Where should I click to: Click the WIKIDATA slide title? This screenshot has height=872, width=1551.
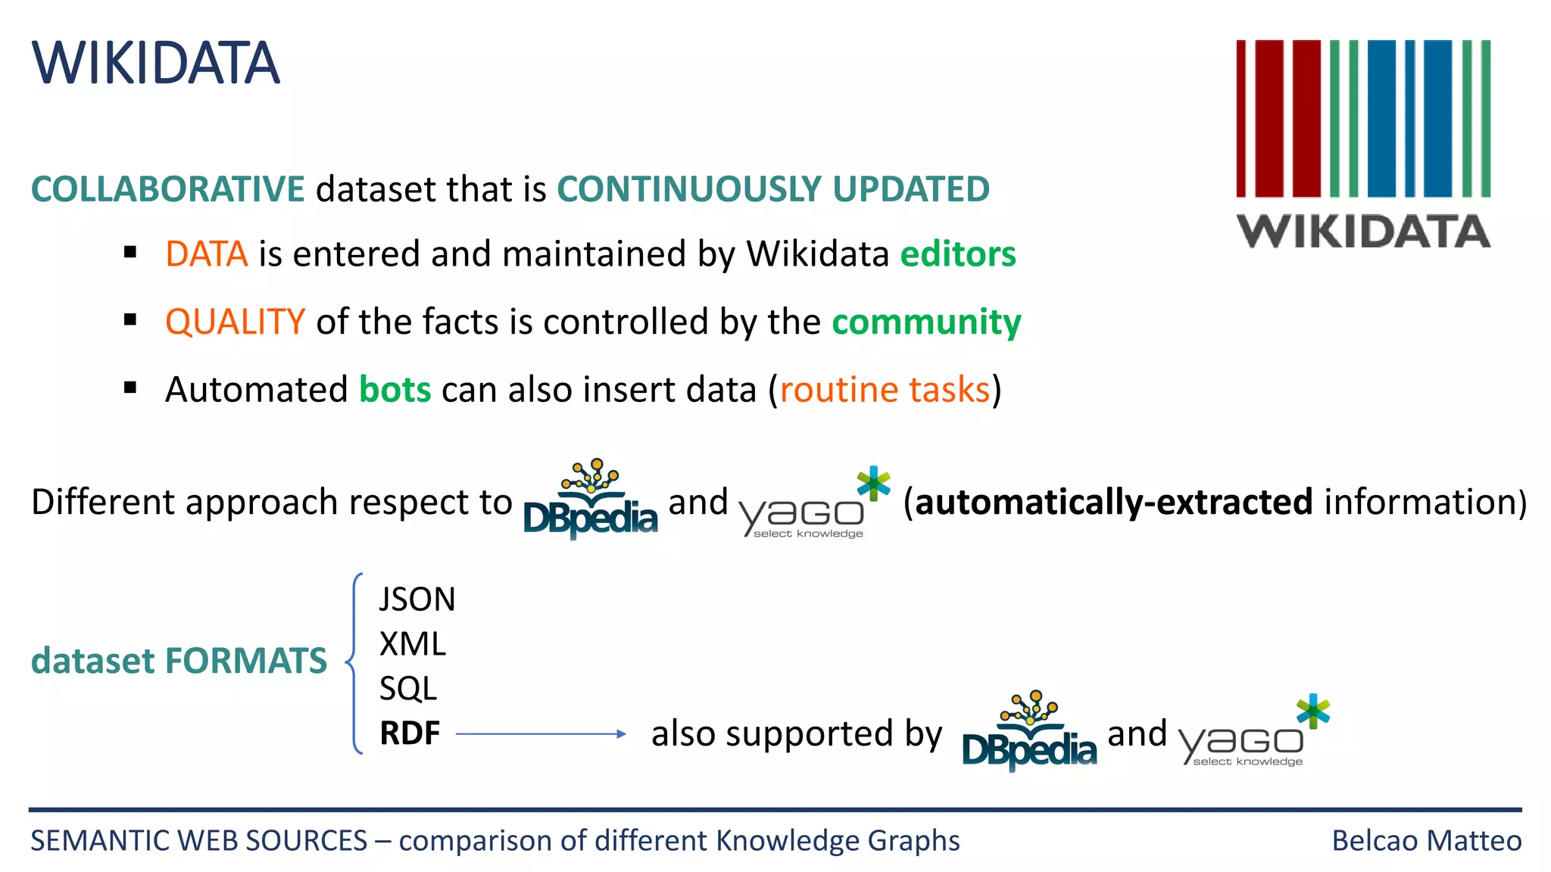click(x=156, y=63)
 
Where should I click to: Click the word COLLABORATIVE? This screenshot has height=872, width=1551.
click(x=167, y=189)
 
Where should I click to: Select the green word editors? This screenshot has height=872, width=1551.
click(x=957, y=254)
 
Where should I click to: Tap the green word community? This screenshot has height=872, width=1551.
click(x=925, y=322)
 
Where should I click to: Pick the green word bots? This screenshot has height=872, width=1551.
click(x=395, y=390)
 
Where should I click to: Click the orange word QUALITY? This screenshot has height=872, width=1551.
click(x=235, y=322)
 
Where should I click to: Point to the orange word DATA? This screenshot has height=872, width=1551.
click(x=206, y=254)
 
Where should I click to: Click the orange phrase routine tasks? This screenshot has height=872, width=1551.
click(x=885, y=390)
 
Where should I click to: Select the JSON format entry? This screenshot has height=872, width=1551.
click(x=417, y=599)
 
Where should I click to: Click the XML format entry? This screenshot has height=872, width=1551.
click(x=412, y=644)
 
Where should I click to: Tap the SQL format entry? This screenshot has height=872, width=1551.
click(x=407, y=689)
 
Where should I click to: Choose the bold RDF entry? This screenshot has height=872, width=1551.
click(x=410, y=733)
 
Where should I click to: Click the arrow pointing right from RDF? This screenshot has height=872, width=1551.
click(x=541, y=733)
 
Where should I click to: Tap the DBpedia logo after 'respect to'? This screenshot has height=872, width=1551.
click(x=590, y=501)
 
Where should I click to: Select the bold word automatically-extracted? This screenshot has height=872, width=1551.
click(x=1113, y=503)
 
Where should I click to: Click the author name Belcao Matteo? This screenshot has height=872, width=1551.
click(x=1426, y=841)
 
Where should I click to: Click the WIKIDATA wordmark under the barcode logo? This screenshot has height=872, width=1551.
click(x=1363, y=232)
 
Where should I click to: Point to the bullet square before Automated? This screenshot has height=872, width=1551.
click(x=130, y=388)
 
